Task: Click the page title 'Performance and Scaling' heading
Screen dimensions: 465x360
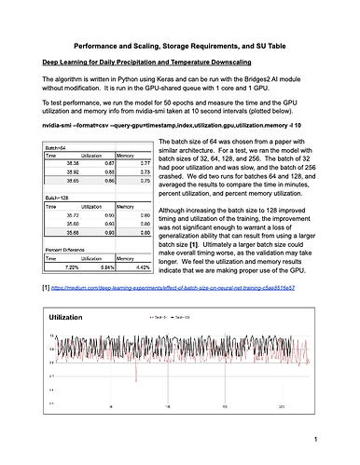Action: pyautogui.click(x=180, y=45)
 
